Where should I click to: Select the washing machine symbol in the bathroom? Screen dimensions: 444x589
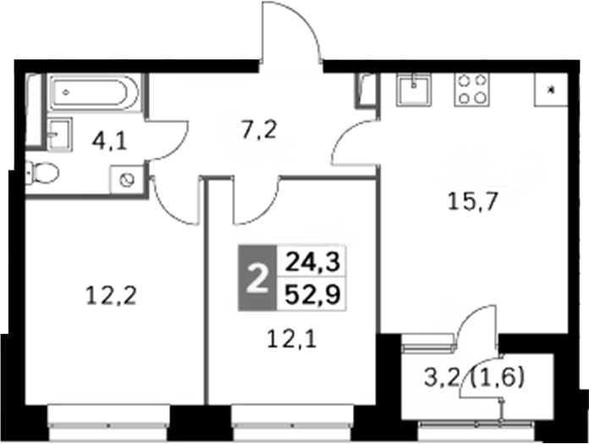pos(127,179)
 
